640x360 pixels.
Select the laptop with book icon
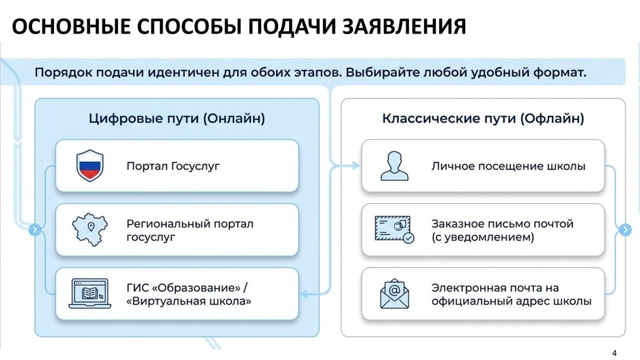coord(89,294)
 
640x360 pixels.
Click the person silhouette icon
coord(394,166)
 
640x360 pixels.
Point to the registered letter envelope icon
coord(394,230)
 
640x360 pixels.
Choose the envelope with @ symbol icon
coord(394,294)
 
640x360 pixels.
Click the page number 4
coord(614,352)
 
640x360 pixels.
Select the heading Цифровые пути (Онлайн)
coord(177,119)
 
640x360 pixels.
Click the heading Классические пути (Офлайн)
coord(483,119)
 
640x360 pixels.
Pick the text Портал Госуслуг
coord(173,166)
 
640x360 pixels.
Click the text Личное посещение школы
coord(508,166)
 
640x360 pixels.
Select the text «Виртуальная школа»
coord(189,301)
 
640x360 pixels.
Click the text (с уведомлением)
coord(483,238)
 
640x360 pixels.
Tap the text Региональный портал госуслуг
coord(190,230)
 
